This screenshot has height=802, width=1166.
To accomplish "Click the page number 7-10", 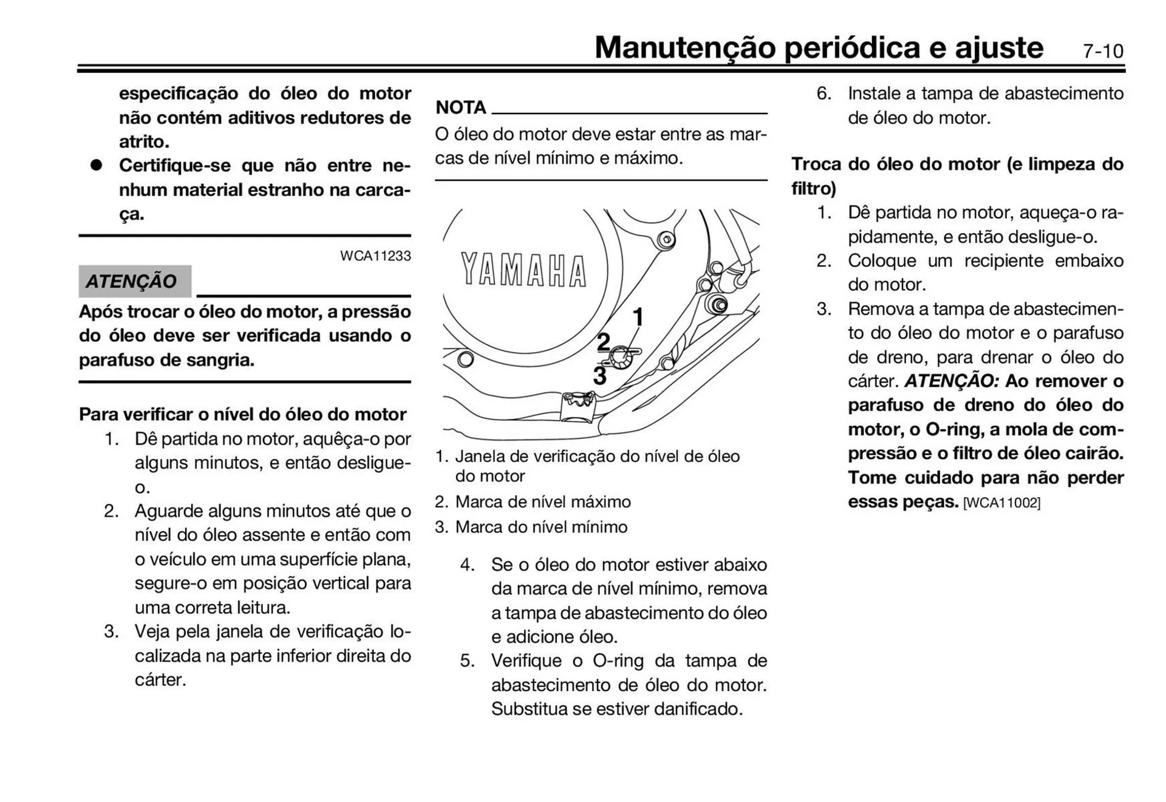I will click(x=1103, y=51).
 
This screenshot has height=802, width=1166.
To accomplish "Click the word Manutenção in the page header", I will click(x=684, y=47).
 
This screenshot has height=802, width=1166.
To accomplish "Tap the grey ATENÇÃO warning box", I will click(x=134, y=281).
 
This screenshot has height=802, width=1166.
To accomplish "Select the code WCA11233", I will click(x=375, y=256).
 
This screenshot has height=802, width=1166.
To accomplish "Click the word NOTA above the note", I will click(x=461, y=107).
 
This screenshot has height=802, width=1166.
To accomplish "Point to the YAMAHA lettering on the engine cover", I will click(x=523, y=270).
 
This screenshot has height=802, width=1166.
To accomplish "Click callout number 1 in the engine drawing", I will click(x=638, y=317).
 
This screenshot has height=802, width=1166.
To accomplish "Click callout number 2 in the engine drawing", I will click(x=602, y=342).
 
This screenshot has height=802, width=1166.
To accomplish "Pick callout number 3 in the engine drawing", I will click(x=599, y=376).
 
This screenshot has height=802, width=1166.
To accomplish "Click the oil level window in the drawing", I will click(x=620, y=358).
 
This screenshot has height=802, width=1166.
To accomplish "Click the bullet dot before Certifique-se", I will click(x=96, y=165).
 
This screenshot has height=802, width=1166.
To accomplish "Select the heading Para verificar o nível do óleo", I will click(x=242, y=414).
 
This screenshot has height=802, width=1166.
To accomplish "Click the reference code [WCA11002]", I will click(x=1001, y=503).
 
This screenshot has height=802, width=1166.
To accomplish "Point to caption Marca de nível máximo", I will click(x=542, y=501).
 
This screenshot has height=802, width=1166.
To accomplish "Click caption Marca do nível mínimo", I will click(x=540, y=526).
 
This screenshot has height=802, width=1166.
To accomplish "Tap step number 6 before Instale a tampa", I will click(x=823, y=93).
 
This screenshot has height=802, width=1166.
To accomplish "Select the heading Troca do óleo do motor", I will click(x=956, y=164).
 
